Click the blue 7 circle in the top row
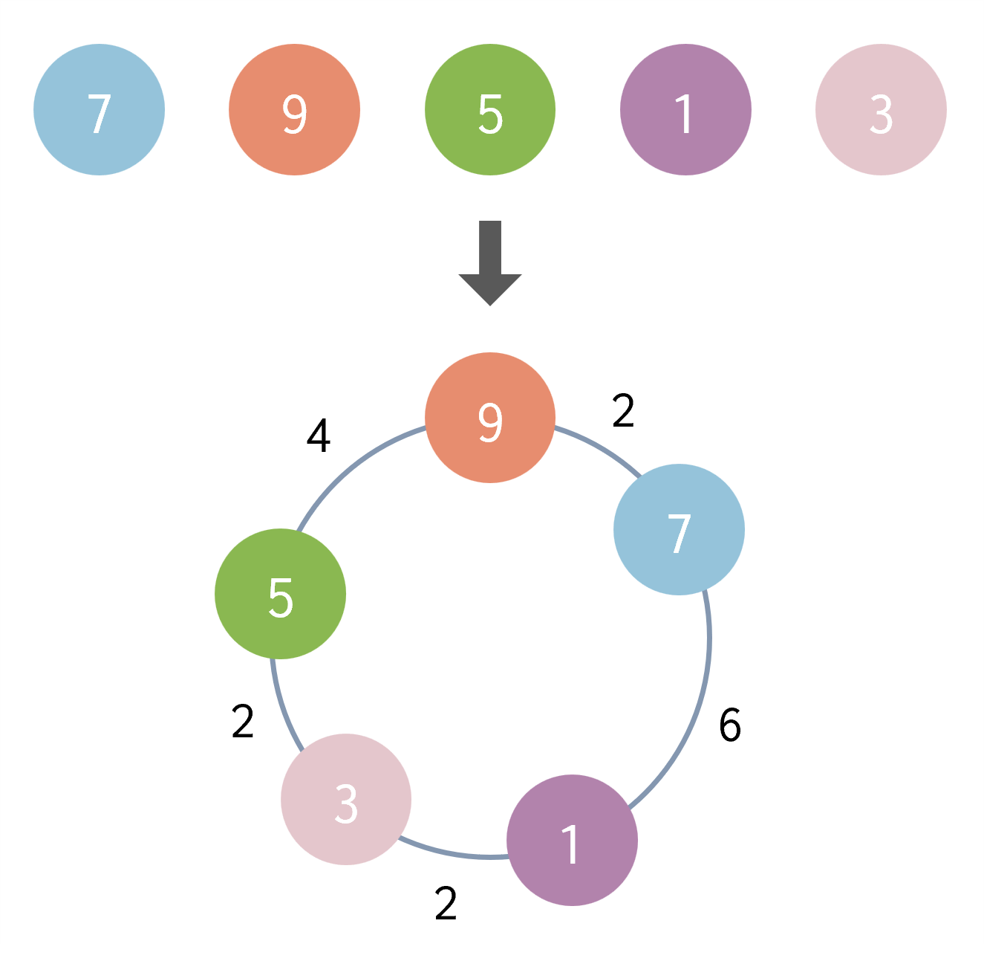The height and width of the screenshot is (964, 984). pos(99,110)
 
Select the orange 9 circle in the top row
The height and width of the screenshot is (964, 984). pos(295,110)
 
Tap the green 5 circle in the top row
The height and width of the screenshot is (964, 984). pos(490,110)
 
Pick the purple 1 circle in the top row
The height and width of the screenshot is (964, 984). pos(685,110)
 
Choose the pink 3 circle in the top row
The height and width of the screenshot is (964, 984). pos(882,110)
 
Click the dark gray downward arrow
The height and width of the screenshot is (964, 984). pos(490,263)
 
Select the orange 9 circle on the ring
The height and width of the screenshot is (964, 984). pos(490,418)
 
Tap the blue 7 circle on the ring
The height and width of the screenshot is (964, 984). pos(680,529)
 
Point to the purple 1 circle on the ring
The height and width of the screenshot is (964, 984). pos(573,841)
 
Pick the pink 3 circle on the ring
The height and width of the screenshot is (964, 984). pos(346,800)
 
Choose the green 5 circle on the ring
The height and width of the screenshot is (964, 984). pos(280,594)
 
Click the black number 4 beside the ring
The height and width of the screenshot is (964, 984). pos(318,436)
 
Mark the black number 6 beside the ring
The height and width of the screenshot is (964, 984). pos(730,725)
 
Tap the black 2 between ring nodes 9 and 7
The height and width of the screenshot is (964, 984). pos(623,410)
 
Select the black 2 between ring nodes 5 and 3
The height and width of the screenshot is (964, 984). pos(243,721)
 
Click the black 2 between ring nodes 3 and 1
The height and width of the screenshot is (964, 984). pos(446,903)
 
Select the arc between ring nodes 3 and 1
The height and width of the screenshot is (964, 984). pos(452,853)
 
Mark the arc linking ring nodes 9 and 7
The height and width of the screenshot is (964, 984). pos(602,447)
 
